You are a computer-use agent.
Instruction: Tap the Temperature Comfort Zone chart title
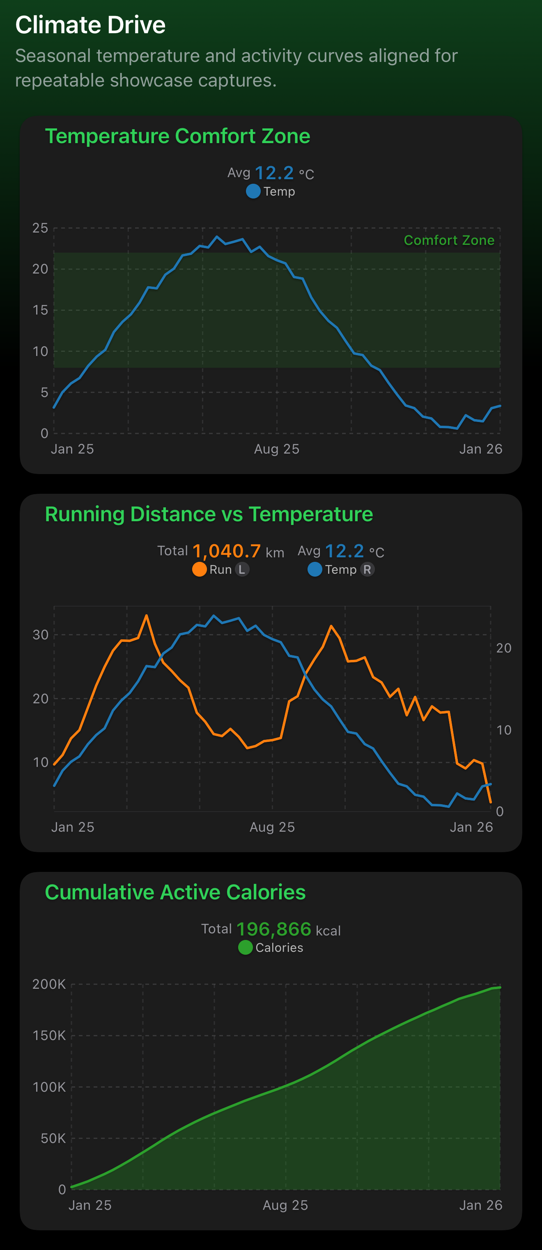[177, 136]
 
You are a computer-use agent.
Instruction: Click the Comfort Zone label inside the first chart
[449, 240]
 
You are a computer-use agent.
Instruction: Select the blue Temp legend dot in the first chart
[253, 191]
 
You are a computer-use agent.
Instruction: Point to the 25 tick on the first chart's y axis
[40, 228]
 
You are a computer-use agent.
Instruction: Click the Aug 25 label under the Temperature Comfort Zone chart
[276, 449]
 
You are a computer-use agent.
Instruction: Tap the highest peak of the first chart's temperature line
[217, 237]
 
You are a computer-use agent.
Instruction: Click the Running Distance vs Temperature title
[209, 514]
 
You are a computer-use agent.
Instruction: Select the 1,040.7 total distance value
[226, 551]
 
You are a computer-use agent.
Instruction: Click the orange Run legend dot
[199, 569]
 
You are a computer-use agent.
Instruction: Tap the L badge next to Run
[242, 569]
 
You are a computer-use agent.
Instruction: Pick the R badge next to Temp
[367, 569]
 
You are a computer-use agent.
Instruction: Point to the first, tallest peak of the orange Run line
[146, 616]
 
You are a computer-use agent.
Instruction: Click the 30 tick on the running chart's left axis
[40, 635]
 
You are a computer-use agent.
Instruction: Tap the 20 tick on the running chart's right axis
[504, 648]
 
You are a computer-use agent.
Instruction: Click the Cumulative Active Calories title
[175, 892]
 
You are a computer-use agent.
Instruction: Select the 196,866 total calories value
[273, 929]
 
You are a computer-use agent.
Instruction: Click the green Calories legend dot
[245, 947]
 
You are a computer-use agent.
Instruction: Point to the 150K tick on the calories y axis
[49, 1036]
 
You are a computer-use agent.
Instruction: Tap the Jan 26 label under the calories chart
[480, 1205]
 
